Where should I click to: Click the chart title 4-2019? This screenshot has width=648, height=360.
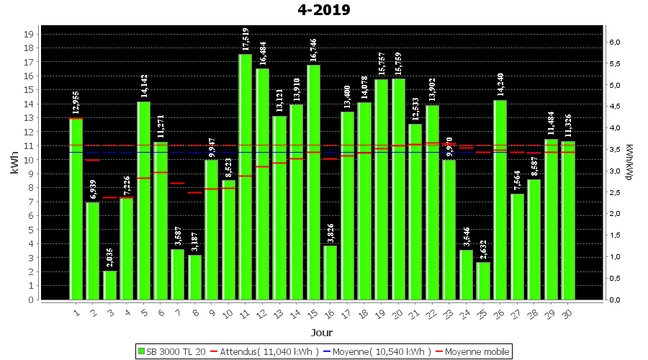[323, 10]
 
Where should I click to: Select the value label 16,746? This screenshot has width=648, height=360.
[313, 50]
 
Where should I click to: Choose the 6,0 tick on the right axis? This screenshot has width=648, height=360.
[614, 42]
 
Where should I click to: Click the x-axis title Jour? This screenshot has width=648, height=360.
[322, 333]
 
